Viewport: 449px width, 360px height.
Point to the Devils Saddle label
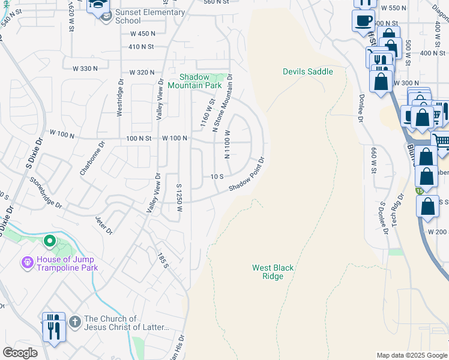[307, 71]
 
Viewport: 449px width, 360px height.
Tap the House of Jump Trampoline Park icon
[26, 263]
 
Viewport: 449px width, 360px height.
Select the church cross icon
[74, 322]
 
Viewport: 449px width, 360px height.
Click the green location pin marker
[50, 242]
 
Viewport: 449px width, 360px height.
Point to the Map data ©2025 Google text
[411, 355]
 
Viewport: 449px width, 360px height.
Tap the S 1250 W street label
[179, 199]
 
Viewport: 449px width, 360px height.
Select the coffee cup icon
[363, 21]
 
